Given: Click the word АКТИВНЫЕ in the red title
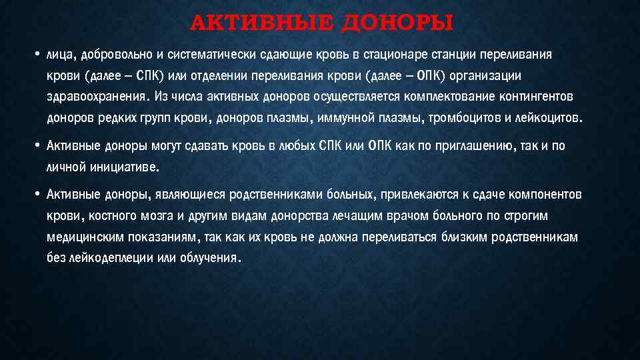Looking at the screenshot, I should pyautogui.click(x=263, y=24).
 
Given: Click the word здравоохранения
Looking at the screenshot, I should pyautogui.click(x=96, y=97).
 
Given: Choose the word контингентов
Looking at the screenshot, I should pyautogui.click(x=540, y=97).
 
